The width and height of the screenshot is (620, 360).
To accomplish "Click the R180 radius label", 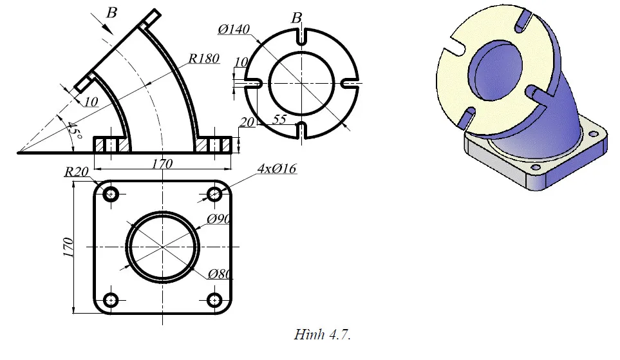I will (x=204, y=59).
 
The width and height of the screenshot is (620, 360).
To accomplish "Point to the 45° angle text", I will (x=74, y=131).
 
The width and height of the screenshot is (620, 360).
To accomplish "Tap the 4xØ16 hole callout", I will (x=277, y=169).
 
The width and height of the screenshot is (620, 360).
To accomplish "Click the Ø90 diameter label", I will (x=219, y=220).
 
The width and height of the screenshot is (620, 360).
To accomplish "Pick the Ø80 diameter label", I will (x=220, y=274).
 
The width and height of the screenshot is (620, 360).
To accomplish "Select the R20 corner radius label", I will (x=77, y=173).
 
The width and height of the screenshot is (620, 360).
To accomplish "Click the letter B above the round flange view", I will (x=296, y=17).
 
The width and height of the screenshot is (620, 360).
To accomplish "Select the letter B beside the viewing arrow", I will (x=111, y=10).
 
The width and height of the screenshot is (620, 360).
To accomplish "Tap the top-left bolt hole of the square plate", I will (x=111, y=194).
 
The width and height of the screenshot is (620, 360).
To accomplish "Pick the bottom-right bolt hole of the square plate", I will (x=216, y=299).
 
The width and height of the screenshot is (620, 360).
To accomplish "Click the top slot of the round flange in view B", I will (x=301, y=37).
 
